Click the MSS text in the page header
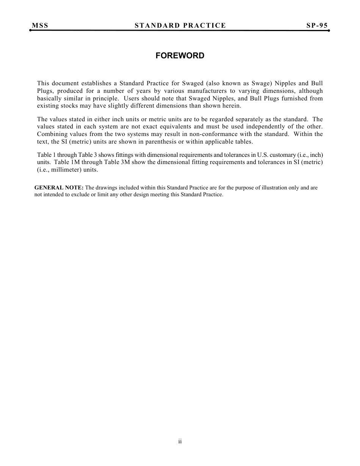40,25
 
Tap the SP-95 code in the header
317,25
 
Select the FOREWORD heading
180,56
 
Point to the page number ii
180,441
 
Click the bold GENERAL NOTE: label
59,188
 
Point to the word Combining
52,134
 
